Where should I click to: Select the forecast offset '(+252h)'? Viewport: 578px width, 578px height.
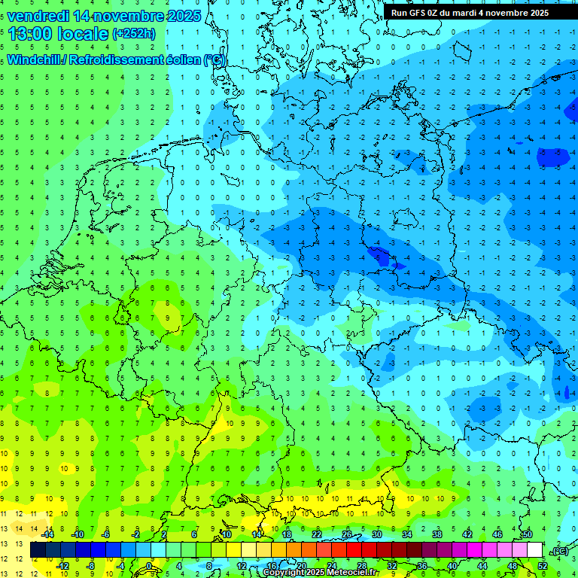click(135, 34)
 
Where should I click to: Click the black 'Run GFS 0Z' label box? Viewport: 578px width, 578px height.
click(470, 13)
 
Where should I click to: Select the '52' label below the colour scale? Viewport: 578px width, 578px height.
click(542, 565)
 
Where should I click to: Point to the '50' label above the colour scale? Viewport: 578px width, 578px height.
click(527, 534)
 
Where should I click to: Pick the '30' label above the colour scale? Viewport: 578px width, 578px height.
click(376, 534)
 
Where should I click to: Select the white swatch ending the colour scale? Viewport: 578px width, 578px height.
click(534, 550)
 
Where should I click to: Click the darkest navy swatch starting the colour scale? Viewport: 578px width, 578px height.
click(38, 550)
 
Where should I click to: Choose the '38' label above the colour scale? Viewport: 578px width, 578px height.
click(437, 534)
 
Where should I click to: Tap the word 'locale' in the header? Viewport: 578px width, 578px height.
click(82, 33)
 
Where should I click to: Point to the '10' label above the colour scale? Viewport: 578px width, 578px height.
click(226, 534)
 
